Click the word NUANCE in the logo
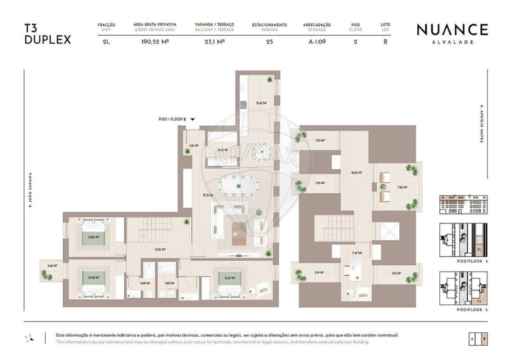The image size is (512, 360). (x=452, y=29)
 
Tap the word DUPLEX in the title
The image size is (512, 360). (x=47, y=39)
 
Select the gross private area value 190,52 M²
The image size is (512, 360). (x=155, y=42)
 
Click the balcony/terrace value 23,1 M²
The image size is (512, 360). (x=214, y=42)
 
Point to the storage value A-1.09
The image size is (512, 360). (x=317, y=42)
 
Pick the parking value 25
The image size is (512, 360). (x=269, y=42)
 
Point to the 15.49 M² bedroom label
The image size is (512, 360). (x=229, y=278)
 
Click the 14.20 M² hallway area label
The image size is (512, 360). (x=160, y=249)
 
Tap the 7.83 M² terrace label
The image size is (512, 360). (x=402, y=187)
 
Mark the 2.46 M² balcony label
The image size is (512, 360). (x=52, y=265)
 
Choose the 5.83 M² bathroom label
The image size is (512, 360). (x=169, y=283)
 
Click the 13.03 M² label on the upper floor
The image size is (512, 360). (x=356, y=172)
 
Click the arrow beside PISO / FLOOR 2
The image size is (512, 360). (x=192, y=119)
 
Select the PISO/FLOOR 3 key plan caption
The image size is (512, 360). (x=472, y=261)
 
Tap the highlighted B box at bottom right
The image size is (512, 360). (x=484, y=338)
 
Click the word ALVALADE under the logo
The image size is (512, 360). (x=452, y=42)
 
